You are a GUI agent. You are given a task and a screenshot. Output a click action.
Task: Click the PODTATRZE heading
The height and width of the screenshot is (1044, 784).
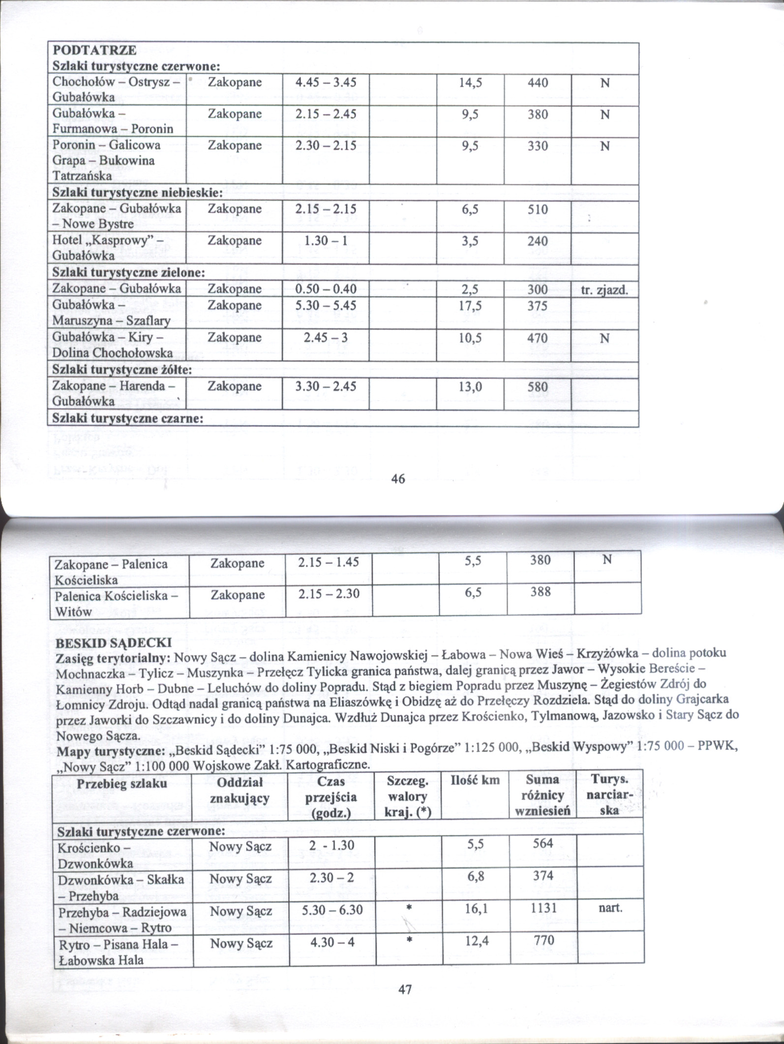pos(94,51)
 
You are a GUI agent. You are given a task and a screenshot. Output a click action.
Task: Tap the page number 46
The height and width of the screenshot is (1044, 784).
pos(398,478)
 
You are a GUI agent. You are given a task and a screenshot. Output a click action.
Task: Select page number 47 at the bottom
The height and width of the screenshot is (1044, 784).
pos(404,989)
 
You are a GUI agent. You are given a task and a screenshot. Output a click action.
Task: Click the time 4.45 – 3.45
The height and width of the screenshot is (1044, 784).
pos(326,82)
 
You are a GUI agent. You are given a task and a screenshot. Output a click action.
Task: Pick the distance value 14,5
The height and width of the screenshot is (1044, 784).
pos(470,83)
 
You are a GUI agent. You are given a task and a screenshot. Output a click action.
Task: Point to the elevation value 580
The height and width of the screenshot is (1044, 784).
pos(538,387)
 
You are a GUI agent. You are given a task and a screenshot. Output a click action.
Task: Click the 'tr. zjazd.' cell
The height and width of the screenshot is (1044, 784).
pos(604,290)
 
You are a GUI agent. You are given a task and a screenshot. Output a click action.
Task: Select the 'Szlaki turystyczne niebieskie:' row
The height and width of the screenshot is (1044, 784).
pos(138,192)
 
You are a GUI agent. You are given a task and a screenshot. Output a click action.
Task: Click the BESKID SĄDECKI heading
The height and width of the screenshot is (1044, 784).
pos(114,643)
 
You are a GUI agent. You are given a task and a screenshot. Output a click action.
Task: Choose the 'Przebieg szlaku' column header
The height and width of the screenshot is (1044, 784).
pos(122,783)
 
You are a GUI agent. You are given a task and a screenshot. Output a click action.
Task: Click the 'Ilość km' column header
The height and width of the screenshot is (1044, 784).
pos(475,780)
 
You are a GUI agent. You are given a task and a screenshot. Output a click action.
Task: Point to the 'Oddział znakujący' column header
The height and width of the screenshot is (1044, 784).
pos(240,790)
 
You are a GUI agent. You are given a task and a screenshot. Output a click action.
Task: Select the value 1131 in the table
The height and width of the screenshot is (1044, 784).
pos(543,908)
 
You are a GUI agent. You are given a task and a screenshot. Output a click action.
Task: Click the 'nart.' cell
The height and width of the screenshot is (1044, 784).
pos(610,908)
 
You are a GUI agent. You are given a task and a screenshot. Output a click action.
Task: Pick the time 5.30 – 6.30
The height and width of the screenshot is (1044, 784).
pos(332,910)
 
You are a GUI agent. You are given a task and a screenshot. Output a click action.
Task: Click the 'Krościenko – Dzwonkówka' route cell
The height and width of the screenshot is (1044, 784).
pos(95,856)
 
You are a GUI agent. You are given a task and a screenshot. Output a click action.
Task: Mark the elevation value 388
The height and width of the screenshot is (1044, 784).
pos(540,592)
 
